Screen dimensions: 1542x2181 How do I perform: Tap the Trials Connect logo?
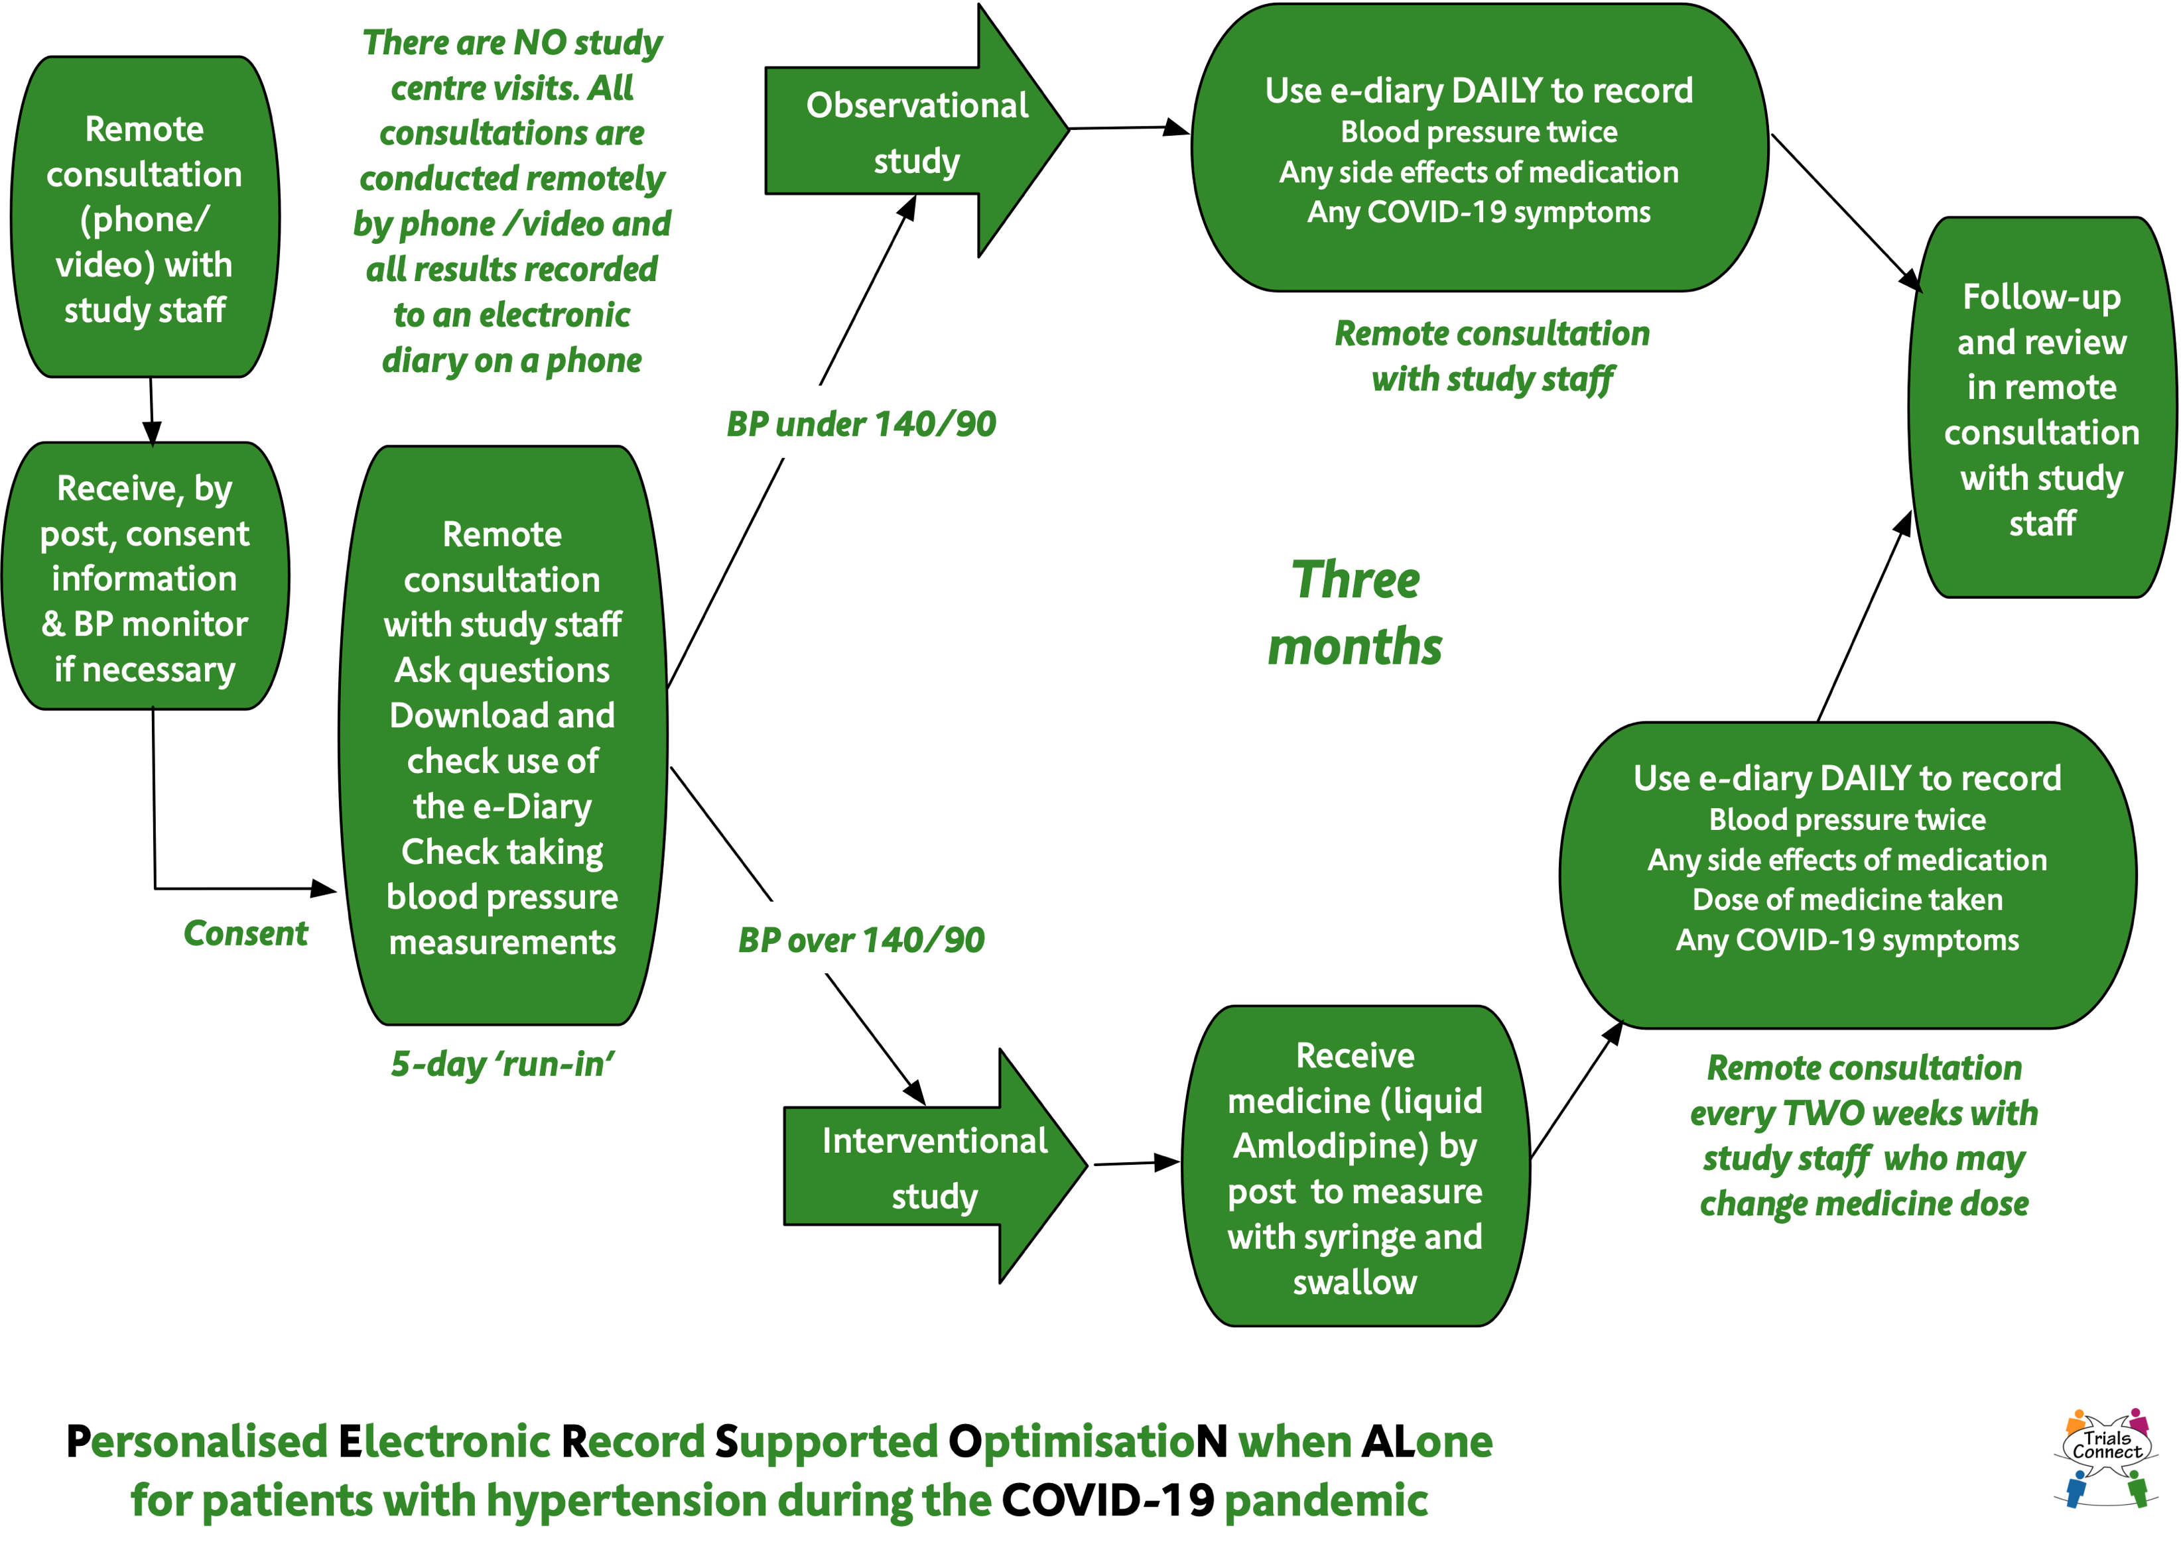point(2106,1458)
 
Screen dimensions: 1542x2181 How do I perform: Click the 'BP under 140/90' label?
point(860,424)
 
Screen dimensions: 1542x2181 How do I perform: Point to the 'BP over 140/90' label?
point(860,940)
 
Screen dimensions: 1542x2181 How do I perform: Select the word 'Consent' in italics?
point(245,933)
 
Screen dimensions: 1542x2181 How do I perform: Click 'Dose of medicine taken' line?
point(1847,899)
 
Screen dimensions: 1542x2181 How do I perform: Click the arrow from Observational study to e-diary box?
point(1128,128)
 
